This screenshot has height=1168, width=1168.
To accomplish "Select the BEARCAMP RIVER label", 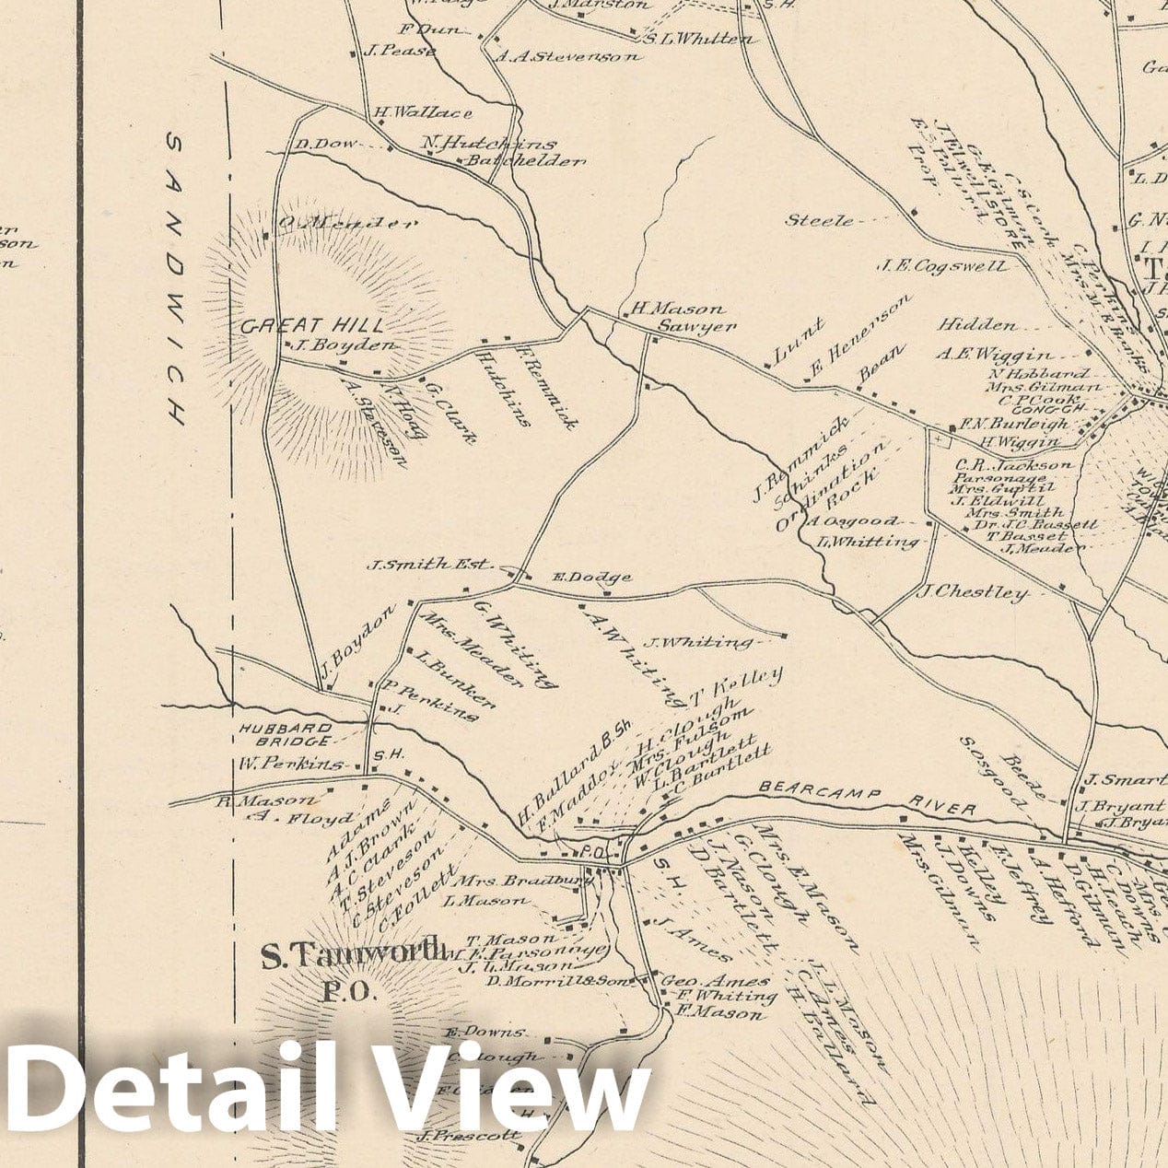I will tap(867, 800).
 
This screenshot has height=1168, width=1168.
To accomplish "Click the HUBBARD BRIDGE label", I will tap(286, 733).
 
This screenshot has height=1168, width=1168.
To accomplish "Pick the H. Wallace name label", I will tap(423, 112).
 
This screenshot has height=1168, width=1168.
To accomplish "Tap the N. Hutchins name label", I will tap(489, 143).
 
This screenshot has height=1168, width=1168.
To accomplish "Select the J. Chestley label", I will tap(971, 591).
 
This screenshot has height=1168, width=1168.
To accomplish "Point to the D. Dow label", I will tap(316, 144).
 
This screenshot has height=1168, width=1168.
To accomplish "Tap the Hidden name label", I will tap(978, 325).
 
